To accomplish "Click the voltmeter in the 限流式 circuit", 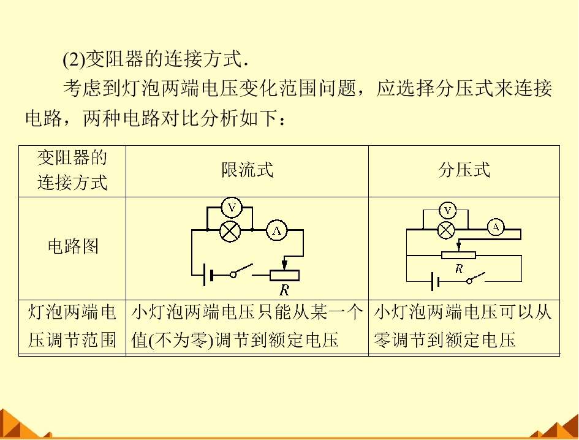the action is (x=232, y=208).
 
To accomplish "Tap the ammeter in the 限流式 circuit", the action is (x=276, y=230).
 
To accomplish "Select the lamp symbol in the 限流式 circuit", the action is (x=230, y=232).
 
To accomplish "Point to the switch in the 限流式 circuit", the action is (x=241, y=271).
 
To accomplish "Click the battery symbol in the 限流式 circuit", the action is (x=208, y=275).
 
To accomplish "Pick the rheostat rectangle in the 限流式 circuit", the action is (x=284, y=275).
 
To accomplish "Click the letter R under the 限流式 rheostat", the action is (x=284, y=290).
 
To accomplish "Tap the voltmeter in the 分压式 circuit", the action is (x=447, y=211).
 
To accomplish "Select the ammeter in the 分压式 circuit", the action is (x=496, y=227).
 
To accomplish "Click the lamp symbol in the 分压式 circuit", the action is (x=446, y=230).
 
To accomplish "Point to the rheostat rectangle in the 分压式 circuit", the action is (x=459, y=255).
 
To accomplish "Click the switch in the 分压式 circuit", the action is (x=475, y=278).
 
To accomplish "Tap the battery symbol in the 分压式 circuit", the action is (x=435, y=282).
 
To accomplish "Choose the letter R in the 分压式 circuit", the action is (x=459, y=268).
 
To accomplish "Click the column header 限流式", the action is (x=248, y=170).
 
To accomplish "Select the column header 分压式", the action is (x=464, y=170).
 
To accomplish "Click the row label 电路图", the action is (x=73, y=246).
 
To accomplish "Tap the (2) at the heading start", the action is (x=74, y=59).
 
